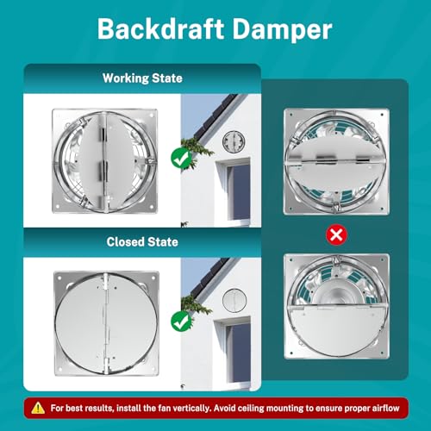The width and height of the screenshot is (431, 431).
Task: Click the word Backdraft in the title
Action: tap(161, 29)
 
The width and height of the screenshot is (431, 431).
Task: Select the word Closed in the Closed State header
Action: tap(124, 242)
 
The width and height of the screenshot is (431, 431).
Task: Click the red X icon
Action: tap(336, 235)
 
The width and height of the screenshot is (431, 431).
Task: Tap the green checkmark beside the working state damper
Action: tap(182, 159)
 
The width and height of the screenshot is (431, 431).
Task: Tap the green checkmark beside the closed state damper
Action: tap(182, 322)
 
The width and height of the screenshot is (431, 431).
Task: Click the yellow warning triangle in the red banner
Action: tap(38, 408)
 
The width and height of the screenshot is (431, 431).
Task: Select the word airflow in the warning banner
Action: tap(386, 409)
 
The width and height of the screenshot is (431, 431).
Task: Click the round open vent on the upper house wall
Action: tap(234, 141)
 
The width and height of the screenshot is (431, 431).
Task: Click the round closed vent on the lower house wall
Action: tap(234, 301)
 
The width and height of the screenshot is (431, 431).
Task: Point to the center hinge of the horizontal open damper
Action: tap(324, 159)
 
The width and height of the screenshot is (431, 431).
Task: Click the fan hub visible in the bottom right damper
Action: tap(336, 292)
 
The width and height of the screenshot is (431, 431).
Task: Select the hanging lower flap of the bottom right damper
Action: tap(336, 331)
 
